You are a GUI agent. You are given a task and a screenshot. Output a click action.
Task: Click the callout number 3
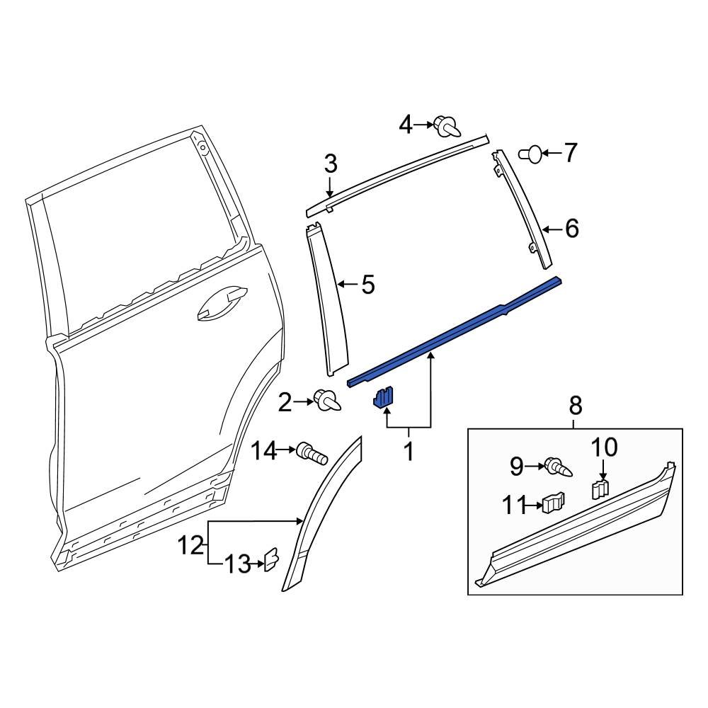[331, 164]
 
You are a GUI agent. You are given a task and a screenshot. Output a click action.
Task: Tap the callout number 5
[367, 285]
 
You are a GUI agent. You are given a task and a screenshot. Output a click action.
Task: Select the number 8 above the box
[575, 406]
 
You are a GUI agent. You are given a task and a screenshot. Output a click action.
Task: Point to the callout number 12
[190, 546]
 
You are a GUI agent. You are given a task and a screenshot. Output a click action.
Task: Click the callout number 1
[408, 451]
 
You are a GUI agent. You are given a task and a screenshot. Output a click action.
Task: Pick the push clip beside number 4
[445, 126]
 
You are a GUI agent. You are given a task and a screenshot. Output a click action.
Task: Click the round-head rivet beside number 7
[532, 152]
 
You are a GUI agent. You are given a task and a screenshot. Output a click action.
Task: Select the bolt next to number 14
[312, 451]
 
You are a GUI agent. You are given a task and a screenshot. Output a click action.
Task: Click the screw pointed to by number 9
[559, 467]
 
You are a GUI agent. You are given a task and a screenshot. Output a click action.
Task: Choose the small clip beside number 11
[553, 503]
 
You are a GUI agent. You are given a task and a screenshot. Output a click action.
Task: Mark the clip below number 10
[600, 489]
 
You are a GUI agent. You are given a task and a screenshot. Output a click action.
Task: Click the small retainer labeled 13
[270, 560]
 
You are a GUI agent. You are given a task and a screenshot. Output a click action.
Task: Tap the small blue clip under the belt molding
[383, 399]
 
